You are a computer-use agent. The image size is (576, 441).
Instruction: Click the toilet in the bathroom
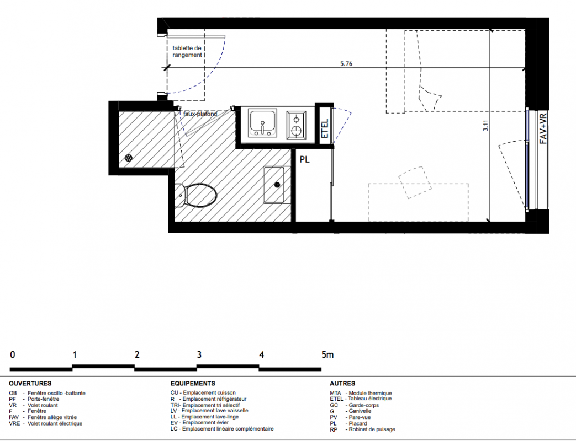(x=196, y=195)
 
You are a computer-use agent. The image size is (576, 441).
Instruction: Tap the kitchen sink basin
(x=263, y=123)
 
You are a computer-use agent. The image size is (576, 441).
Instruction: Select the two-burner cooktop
(x=296, y=125)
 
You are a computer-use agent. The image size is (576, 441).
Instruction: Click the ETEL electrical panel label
(x=325, y=128)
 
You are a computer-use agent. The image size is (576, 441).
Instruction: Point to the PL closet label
(x=304, y=159)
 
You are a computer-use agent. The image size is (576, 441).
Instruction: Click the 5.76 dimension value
(x=346, y=63)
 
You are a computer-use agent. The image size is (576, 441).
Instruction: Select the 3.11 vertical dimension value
(x=485, y=126)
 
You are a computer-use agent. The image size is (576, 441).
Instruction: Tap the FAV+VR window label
(x=543, y=128)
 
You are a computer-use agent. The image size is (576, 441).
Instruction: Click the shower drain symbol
(x=128, y=158)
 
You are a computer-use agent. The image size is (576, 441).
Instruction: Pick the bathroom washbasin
(x=274, y=185)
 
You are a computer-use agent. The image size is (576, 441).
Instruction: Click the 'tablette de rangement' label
(x=187, y=52)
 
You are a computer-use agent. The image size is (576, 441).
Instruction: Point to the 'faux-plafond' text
(x=200, y=114)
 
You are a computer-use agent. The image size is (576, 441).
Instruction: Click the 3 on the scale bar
(x=199, y=354)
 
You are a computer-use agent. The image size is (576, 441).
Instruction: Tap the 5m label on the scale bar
(x=327, y=354)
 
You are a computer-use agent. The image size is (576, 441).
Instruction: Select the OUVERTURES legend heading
(x=30, y=384)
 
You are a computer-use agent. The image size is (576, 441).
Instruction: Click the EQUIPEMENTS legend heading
(x=193, y=384)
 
